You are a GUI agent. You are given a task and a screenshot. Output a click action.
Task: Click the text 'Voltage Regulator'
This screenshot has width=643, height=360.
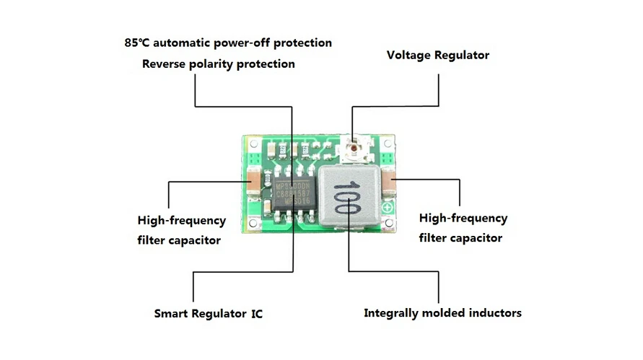coord(437,55)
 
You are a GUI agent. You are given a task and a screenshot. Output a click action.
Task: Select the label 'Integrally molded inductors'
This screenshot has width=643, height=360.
coord(442,313)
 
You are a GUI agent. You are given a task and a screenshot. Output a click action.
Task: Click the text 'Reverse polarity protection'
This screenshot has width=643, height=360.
coord(218,63)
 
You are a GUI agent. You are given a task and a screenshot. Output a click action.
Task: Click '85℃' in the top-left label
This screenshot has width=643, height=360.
coord(135,43)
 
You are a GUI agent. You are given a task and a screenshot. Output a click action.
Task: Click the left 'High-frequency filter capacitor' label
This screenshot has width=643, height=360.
coord(181,229)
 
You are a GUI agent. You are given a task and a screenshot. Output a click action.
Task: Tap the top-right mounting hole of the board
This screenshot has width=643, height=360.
coord(392,141)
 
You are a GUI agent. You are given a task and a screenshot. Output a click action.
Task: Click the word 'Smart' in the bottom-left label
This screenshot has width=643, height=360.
coord(172,314)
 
